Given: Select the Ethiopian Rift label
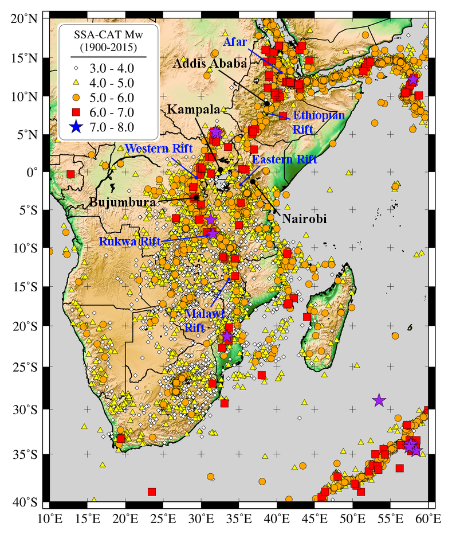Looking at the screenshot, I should click(x=319, y=122).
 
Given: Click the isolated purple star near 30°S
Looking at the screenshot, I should click(x=379, y=400).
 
